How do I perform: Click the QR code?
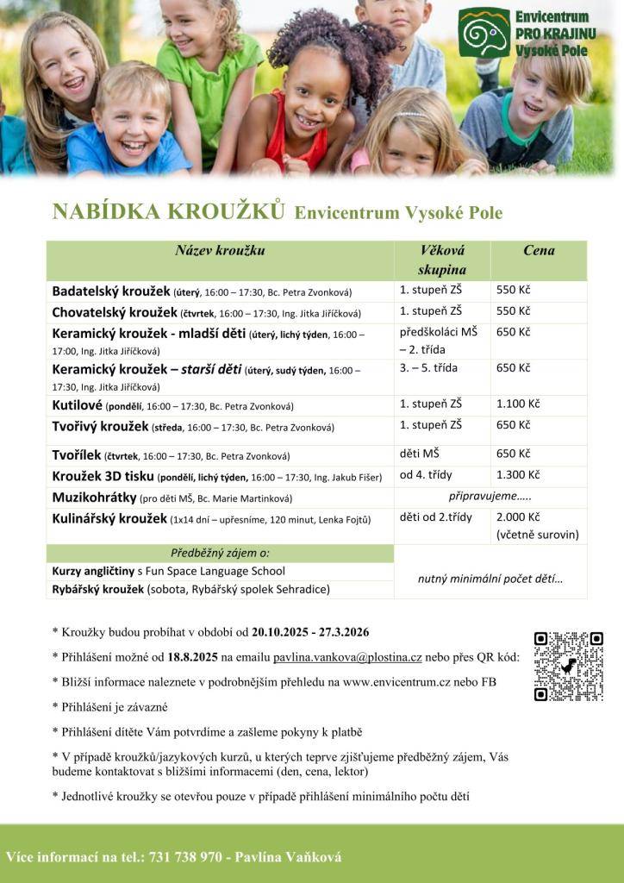(568, 666)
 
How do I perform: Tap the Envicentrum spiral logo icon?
(484, 33)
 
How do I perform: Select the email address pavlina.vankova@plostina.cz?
(347, 657)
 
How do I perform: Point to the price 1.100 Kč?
(518, 403)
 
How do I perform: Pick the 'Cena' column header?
(539, 251)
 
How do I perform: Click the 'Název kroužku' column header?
(220, 251)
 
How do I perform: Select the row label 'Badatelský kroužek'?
(111, 291)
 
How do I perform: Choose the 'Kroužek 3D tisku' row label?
(103, 476)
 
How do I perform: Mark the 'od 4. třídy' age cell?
(426, 475)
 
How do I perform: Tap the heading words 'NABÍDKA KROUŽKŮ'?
(168, 212)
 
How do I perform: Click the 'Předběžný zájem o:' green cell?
(220, 553)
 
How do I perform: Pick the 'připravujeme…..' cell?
(490, 497)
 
